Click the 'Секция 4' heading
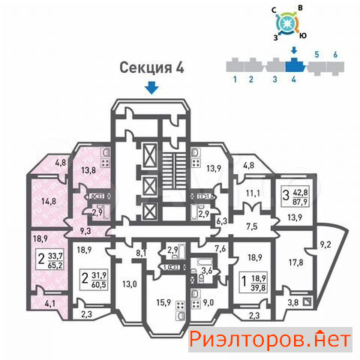pos(151,67)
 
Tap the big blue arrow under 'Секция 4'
pos(151,88)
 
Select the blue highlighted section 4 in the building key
pos(295,65)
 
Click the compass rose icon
pos(287,23)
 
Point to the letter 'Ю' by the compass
pos(303,36)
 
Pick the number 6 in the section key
pos(335,55)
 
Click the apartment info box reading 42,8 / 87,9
pos(295,196)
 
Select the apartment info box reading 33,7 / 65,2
pos(49,259)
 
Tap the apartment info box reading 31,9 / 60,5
pos(94,280)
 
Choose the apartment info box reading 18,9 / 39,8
pos(253,282)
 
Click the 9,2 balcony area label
pos(325,244)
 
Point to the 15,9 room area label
pos(163,303)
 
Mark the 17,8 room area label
pos(295,262)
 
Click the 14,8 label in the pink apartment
pos(49,201)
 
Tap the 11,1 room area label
pos(253,193)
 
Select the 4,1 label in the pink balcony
pos(50,304)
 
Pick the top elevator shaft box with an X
pos(150,155)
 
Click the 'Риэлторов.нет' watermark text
pos(270,340)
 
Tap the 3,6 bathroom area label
pos(207,271)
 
